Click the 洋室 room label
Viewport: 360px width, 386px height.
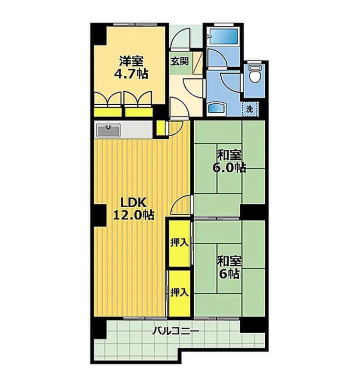pos(131,61)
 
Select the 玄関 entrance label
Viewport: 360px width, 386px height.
pos(180,61)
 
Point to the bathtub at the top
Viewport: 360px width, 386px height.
pos(224,37)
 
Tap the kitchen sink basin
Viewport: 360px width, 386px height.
pos(109,130)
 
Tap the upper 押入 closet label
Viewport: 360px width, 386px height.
pos(180,243)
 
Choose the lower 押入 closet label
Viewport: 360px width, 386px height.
pos(180,292)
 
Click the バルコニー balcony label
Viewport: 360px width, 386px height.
pos(175,331)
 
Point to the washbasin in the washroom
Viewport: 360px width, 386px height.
pos(217,108)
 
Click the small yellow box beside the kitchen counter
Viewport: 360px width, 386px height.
pos(161,128)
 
